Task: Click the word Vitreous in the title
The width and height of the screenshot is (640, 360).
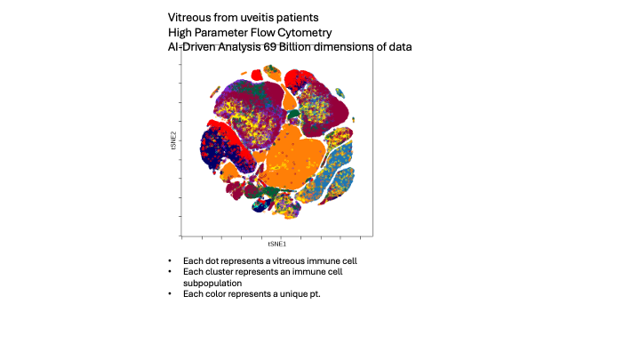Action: coord(189,17)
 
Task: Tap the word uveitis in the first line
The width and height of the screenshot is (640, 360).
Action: coord(251,17)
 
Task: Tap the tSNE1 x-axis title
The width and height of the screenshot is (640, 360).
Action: coord(276,243)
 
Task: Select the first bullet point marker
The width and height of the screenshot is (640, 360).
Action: coord(169,260)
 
